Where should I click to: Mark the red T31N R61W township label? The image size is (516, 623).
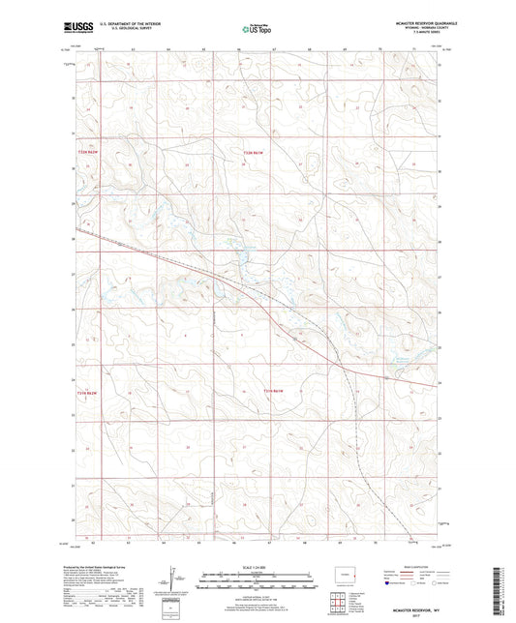[x=276, y=390]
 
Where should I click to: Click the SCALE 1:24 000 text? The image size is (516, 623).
[x=258, y=567]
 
